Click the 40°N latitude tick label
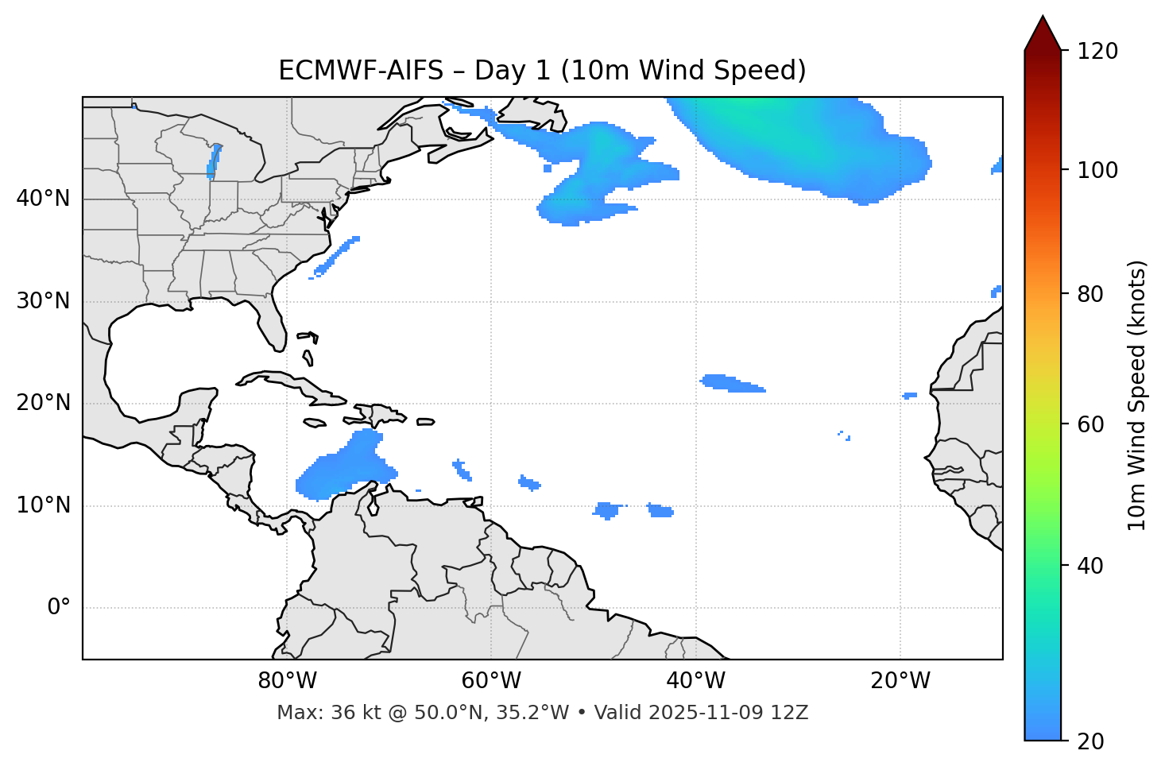tap(43, 199)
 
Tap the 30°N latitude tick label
tap(43, 301)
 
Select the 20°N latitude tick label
tap(43, 403)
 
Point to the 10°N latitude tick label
tap(43, 505)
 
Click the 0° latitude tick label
tap(59, 608)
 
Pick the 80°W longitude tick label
tap(287, 681)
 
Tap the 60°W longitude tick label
tap(491, 681)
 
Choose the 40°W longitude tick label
tap(695, 681)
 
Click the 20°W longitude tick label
tap(900, 681)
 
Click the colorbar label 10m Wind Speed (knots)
tap(1138, 395)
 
